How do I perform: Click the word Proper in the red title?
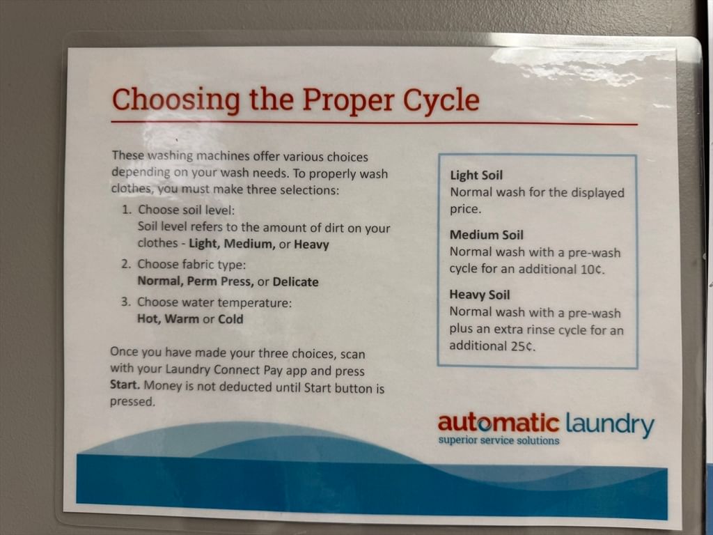point(348,100)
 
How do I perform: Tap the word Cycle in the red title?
point(441,100)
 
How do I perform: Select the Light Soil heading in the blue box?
point(476,175)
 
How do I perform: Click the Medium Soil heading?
point(486,235)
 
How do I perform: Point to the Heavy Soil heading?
point(479,295)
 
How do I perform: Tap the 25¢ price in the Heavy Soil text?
point(522,346)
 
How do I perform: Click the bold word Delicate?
point(295,282)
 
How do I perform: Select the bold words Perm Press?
point(220,281)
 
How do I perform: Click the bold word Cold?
point(230,319)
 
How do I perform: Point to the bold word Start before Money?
point(125,385)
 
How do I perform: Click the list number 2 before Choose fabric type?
point(126,264)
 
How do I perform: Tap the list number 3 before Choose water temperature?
point(125,302)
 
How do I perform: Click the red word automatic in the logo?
point(499,423)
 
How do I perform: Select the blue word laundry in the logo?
point(610,424)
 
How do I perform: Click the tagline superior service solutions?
point(499,440)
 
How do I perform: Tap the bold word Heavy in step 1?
point(311,245)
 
